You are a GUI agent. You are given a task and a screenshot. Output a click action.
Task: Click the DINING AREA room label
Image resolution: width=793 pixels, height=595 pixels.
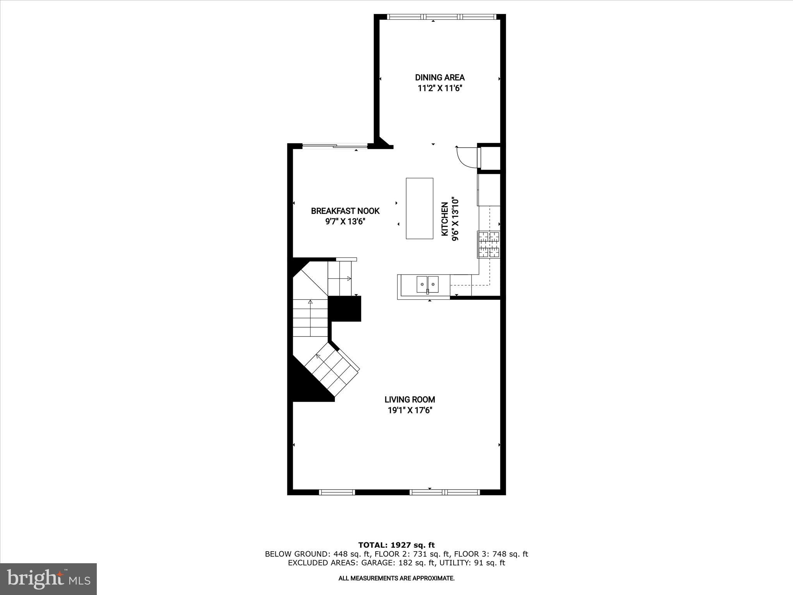[440, 77]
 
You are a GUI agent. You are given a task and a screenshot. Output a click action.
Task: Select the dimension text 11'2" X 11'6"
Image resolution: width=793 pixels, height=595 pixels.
[440, 88]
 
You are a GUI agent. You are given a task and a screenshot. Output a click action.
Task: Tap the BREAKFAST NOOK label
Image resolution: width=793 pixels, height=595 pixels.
[345, 211]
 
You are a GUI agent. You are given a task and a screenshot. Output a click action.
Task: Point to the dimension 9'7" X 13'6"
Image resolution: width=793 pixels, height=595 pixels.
[345, 222]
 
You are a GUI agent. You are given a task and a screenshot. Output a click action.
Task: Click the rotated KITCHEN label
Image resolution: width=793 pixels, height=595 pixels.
[445, 219]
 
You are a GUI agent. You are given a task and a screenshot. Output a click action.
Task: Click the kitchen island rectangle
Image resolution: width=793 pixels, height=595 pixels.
[419, 208]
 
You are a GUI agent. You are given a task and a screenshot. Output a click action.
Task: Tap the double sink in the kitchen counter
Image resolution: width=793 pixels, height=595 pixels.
[427, 284]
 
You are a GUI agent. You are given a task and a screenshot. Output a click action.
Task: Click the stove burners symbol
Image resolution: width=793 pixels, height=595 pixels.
[489, 244]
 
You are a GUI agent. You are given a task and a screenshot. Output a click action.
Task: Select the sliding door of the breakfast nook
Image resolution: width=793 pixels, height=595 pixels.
[335, 146]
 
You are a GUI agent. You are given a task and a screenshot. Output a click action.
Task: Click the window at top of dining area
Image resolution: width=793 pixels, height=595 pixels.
[442, 17]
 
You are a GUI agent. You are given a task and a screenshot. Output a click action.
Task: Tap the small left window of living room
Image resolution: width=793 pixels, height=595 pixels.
[337, 492]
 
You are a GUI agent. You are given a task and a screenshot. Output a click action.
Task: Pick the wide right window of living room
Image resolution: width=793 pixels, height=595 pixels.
[445, 492]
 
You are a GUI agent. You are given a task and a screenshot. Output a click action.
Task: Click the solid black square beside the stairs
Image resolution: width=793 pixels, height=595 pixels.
[345, 309]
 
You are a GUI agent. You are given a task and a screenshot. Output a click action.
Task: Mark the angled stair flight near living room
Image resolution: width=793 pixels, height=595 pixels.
[332, 372]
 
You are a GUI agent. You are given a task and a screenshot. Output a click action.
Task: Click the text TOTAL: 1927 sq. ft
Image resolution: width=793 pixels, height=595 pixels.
[396, 545]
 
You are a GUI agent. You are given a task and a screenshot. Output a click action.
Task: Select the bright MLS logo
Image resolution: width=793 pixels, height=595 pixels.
[48, 579]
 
